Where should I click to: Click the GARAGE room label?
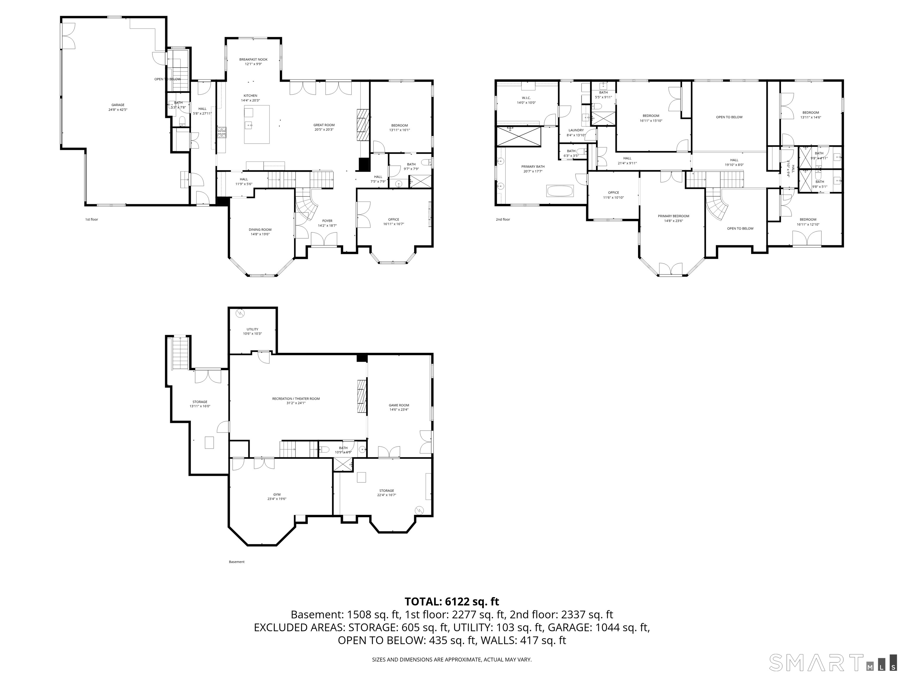[x=118, y=105]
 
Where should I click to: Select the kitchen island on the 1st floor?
[x=257, y=124]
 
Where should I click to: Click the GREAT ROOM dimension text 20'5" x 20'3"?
[x=324, y=129]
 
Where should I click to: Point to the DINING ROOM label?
[x=260, y=230]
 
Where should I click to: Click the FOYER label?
[x=327, y=221]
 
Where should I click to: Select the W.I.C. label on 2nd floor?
[x=526, y=98]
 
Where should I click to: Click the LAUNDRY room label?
[x=576, y=130]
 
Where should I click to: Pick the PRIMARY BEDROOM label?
[x=673, y=216]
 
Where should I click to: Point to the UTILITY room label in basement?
[x=252, y=329]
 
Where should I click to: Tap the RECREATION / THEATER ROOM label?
[x=296, y=399]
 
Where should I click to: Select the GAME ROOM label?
[x=398, y=406]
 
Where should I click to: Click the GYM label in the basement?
[x=277, y=494]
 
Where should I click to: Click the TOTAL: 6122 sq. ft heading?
[x=452, y=601]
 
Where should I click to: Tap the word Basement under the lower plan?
[x=237, y=562]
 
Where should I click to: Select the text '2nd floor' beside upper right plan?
[x=503, y=220]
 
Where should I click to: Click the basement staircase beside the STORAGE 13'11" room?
[x=180, y=353]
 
